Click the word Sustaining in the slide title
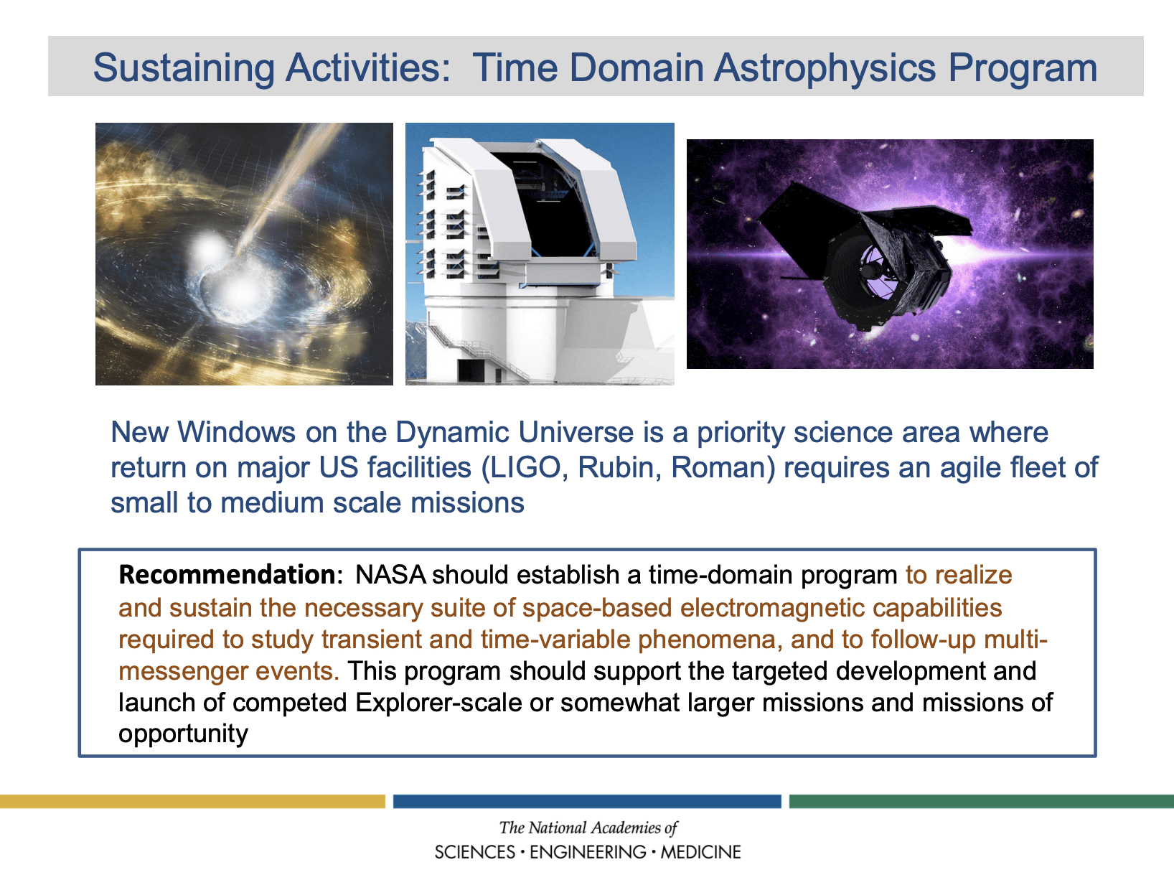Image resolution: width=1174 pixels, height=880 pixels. [x=184, y=69]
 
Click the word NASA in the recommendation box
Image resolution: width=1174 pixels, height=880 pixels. [x=390, y=575]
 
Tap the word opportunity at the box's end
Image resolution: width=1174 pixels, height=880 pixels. [x=183, y=734]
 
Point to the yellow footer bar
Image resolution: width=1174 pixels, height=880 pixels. [x=192, y=801]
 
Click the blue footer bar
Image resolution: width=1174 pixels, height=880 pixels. [x=587, y=801]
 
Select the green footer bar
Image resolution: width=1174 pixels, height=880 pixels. [x=982, y=801]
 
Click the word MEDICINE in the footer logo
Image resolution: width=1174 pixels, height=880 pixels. [x=700, y=851]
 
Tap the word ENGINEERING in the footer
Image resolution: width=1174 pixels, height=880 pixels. [x=588, y=851]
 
